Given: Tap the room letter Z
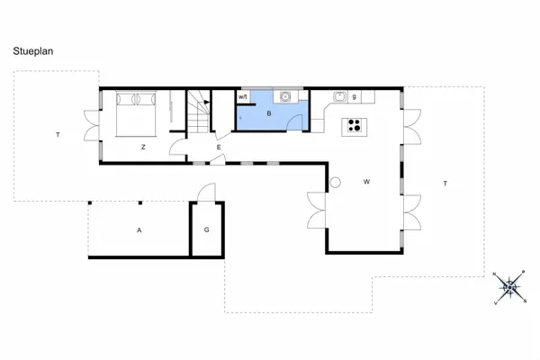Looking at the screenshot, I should [x=143, y=147].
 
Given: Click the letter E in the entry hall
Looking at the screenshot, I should [x=219, y=147].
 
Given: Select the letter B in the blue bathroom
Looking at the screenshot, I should [x=268, y=114].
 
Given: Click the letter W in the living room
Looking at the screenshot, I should [x=366, y=182].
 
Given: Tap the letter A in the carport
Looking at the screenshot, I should [x=139, y=230].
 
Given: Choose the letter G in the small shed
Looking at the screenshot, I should [x=206, y=230].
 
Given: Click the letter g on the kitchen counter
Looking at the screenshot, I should [x=355, y=96].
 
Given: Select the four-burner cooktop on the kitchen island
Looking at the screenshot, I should [x=355, y=126].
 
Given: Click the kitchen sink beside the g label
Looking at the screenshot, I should [x=340, y=96].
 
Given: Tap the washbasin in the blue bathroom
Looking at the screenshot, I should [x=285, y=95].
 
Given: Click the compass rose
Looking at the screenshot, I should [x=510, y=288].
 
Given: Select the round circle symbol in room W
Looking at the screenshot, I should [x=336, y=183].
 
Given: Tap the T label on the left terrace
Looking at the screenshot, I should [x=58, y=135].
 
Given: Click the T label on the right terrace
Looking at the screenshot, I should [x=445, y=183].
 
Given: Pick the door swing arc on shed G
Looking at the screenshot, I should [x=206, y=192].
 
